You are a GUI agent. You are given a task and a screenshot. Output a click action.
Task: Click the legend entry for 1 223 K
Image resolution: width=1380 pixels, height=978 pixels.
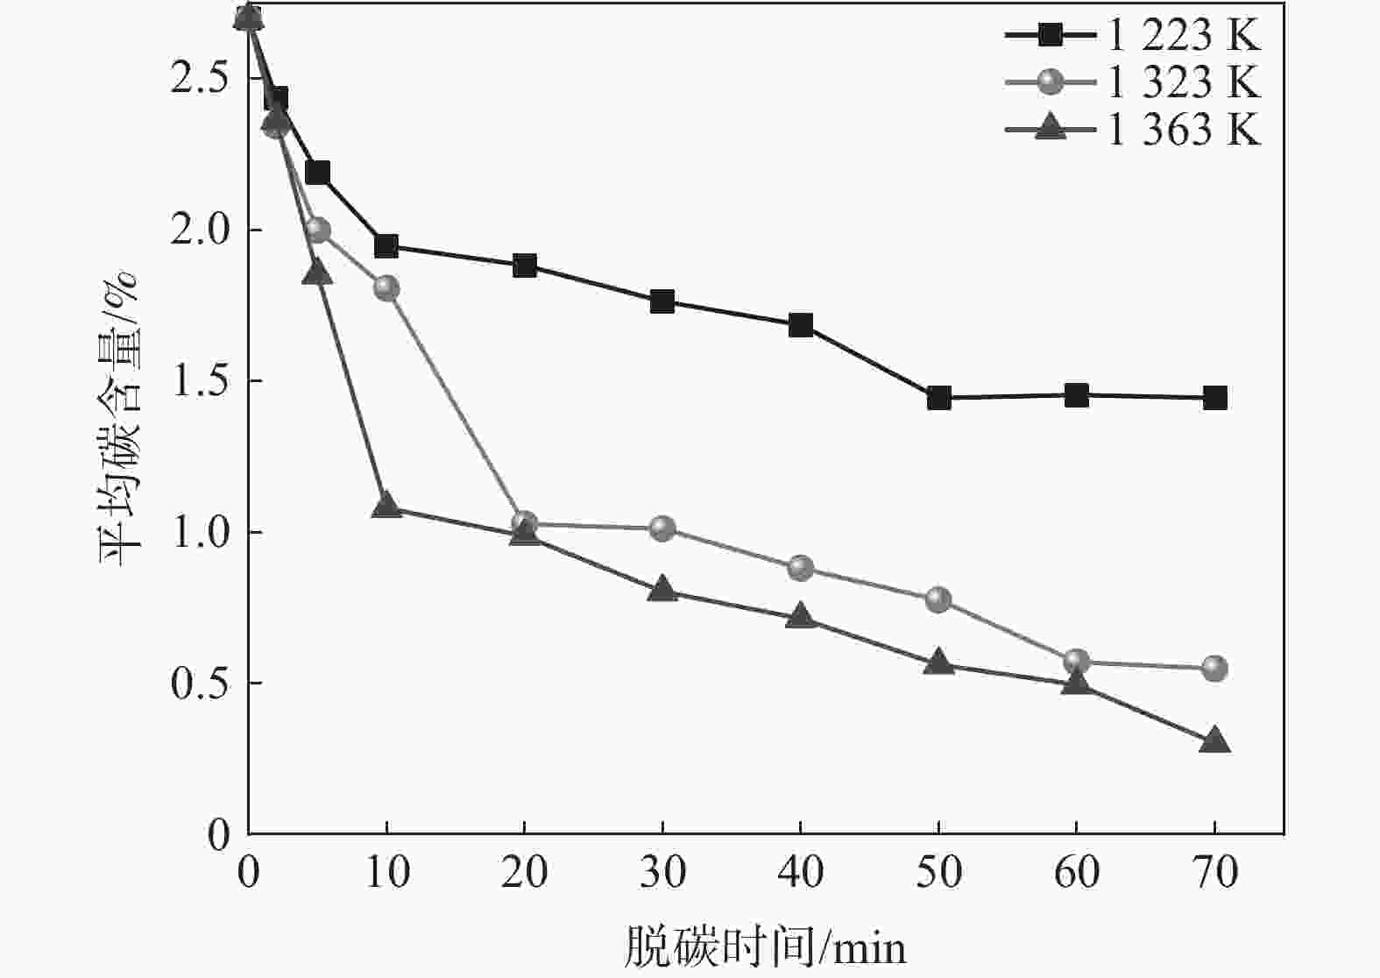click(x=1132, y=36)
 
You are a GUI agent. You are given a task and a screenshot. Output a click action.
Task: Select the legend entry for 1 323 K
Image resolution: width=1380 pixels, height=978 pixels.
click(x=1132, y=83)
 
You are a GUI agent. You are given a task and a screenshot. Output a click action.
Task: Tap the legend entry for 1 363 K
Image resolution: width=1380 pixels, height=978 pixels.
click(x=1132, y=131)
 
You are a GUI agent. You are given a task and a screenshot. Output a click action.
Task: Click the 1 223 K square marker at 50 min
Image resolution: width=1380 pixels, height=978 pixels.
click(x=938, y=398)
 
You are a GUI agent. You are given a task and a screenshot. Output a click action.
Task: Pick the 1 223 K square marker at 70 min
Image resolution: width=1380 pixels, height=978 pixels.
click(x=1214, y=398)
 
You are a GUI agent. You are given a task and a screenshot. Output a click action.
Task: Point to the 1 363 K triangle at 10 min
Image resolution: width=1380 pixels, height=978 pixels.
click(x=386, y=506)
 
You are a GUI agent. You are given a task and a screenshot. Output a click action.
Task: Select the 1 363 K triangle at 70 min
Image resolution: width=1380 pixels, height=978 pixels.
click(x=1214, y=741)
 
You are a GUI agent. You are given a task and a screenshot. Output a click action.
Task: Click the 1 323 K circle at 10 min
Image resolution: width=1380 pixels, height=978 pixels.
click(x=386, y=288)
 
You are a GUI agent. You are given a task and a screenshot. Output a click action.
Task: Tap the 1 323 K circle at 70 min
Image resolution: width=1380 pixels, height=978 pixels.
click(x=1214, y=669)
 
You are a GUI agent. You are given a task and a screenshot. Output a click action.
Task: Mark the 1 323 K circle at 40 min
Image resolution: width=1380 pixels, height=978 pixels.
click(x=800, y=568)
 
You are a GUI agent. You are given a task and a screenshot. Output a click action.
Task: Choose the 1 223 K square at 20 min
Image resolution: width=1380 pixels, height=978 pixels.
click(x=524, y=266)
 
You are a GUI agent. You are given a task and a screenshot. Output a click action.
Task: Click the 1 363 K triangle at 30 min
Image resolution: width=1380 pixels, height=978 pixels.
click(x=662, y=590)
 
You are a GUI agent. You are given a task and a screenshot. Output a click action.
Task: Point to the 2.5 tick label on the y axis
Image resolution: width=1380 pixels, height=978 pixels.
click(x=199, y=79)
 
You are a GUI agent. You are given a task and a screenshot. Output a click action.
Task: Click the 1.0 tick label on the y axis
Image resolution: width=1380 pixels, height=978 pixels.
click(x=199, y=532)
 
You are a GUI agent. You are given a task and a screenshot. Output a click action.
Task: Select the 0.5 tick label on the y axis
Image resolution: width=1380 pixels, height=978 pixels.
click(x=199, y=683)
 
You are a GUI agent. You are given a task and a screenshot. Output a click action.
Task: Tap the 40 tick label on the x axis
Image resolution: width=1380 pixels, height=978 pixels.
click(x=800, y=873)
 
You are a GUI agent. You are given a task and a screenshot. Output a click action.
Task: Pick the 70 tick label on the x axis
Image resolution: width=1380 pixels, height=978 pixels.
click(x=1214, y=873)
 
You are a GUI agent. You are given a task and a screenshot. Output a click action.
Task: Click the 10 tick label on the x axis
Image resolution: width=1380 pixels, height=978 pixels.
click(x=386, y=873)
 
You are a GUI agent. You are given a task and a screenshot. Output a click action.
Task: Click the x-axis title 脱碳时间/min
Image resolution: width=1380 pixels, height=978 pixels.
click(x=764, y=947)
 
